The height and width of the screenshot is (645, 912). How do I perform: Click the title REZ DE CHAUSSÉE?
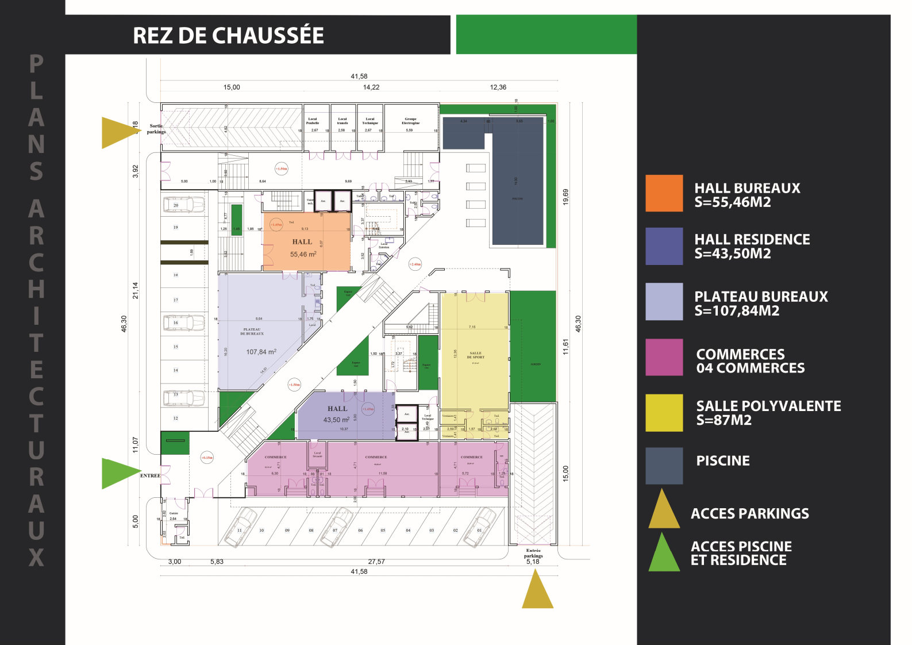[x=228, y=36]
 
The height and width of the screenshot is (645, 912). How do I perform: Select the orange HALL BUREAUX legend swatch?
[x=664, y=193]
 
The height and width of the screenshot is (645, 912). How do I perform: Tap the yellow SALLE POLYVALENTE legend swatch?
[x=664, y=412]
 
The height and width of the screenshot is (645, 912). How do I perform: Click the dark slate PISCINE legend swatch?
[x=664, y=466]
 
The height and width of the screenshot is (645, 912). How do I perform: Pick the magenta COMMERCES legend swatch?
[x=664, y=357]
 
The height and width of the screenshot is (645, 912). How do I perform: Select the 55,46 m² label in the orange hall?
[x=303, y=254]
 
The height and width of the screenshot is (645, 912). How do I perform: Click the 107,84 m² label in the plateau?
[x=261, y=352]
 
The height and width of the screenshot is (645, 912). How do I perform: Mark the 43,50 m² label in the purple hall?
[x=336, y=420]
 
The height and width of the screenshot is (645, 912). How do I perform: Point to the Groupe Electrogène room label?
[x=410, y=121]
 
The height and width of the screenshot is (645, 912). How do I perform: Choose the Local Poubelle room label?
[x=312, y=121]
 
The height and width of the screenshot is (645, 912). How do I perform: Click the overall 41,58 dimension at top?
[x=359, y=76]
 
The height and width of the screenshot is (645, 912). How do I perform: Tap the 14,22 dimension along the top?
[x=371, y=87]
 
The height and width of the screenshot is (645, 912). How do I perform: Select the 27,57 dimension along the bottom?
[x=376, y=562]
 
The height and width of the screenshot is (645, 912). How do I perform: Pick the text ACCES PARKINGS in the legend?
[x=749, y=514]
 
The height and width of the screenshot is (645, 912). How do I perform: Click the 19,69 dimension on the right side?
[x=566, y=197]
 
